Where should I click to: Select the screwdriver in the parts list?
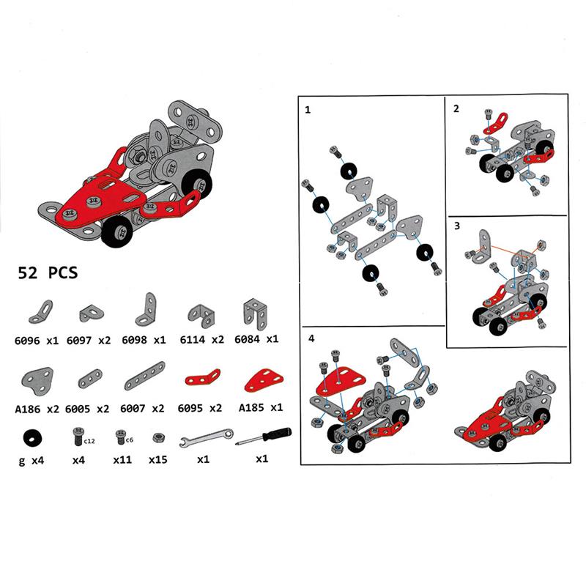(x=262, y=437)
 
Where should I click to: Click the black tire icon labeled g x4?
(x=32, y=437)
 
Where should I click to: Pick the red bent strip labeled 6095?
(x=201, y=379)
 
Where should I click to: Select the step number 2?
(x=456, y=109)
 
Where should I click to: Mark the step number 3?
(x=456, y=226)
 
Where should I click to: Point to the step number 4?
(x=312, y=339)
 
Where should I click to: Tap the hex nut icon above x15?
(x=157, y=437)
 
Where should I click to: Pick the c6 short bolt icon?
(x=121, y=438)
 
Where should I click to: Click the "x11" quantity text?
(x=122, y=460)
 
